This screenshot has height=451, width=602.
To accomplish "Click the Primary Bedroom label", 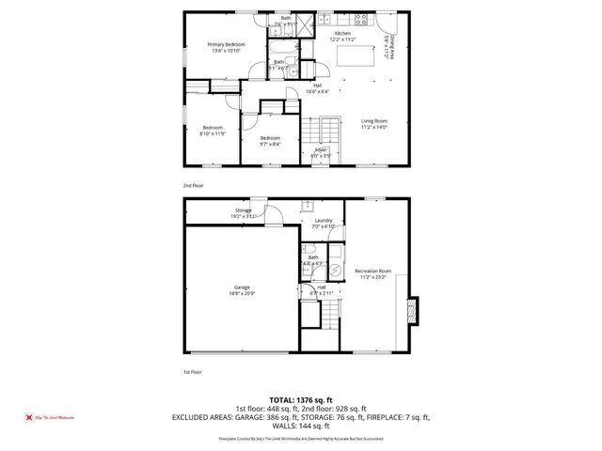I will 227,47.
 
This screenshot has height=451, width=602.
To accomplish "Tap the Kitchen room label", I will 342,37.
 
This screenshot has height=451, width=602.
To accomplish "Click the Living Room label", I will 374,123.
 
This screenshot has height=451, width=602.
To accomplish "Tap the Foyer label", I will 321,152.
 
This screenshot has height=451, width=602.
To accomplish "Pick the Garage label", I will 242,289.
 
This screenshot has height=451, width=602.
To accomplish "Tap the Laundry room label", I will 323,224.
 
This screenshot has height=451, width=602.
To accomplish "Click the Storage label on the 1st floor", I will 244,212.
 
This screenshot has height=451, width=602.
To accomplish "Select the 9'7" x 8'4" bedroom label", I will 270,141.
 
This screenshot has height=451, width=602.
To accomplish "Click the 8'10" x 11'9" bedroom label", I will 213,130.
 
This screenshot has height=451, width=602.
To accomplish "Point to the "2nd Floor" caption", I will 193,185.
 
